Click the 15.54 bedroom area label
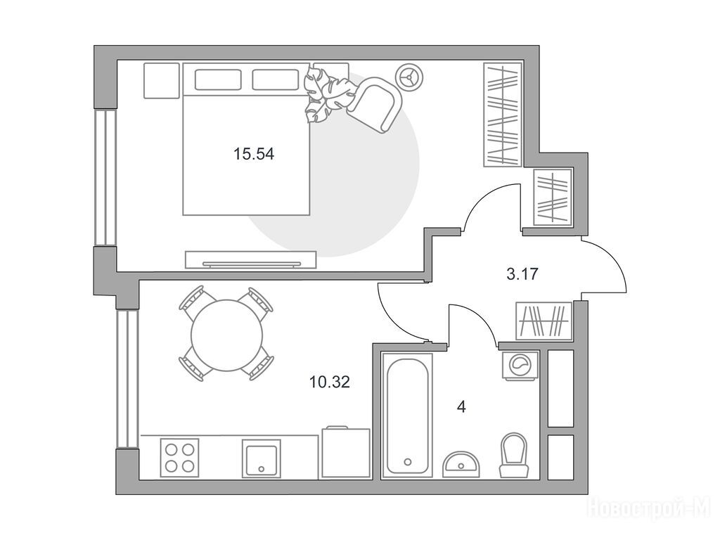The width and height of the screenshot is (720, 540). tap(253, 154)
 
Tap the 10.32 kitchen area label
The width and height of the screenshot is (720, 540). tap(330, 382)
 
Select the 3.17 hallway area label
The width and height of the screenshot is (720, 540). tap(522, 275)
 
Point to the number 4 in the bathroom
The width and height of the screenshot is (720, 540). tap(462, 407)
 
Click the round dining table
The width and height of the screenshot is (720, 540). tap(227, 335)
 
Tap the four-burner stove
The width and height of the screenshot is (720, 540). tap(179, 457)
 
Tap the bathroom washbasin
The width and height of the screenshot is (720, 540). tap(461, 464)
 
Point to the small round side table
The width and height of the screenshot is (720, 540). tap(409, 76)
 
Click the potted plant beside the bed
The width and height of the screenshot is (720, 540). tap(330, 94)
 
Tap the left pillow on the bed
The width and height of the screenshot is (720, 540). tap(218, 79)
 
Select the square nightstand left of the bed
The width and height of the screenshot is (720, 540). tap(161, 80)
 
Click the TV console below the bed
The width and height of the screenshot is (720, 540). tap(251, 259)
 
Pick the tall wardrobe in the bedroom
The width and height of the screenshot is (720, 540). tap(503, 115)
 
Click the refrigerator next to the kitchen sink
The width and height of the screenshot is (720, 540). tap(346, 452)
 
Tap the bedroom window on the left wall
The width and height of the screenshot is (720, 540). tap(105, 177)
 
